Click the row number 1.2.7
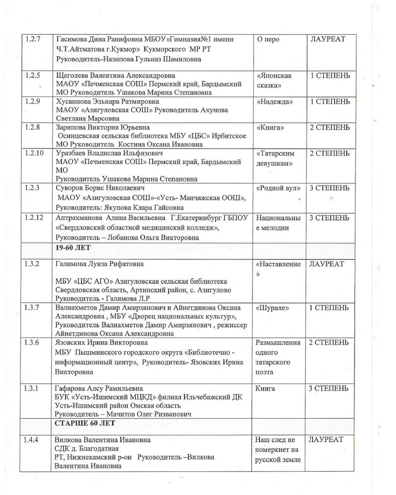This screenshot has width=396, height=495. tap(33, 39)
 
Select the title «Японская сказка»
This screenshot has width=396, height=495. tap(274, 80)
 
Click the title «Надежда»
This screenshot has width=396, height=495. tap(274, 102)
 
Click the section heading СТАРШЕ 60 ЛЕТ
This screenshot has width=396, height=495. tap(85, 423)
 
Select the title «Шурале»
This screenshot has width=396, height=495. tap(272, 308)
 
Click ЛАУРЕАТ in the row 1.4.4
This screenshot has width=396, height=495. tap(326, 440)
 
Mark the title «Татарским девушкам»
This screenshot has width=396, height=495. tap(275, 159)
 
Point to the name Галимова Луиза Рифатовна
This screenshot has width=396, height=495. tap(99, 264)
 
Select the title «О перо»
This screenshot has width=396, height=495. tap(268, 39)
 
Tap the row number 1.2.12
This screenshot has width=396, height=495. tap(35, 218)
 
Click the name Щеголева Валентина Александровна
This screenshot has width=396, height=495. tap(115, 75)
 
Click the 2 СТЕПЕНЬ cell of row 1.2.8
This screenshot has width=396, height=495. tap(330, 128)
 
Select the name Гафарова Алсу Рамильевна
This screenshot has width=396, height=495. tap(99, 389)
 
